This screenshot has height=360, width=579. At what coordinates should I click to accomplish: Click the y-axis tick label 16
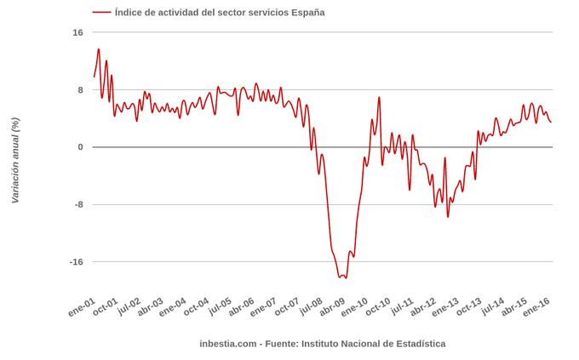tap(77, 32)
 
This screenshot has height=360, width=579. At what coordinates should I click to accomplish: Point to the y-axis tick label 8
tap(80, 90)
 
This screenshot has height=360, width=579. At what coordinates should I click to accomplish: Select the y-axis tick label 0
tap(80, 147)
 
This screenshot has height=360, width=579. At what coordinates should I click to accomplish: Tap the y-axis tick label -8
tap(77, 204)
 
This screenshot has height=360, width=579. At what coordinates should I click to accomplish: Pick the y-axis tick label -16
tap(76, 261)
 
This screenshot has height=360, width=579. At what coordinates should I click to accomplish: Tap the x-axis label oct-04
tap(196, 307)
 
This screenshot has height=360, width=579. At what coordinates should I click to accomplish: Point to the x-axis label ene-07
tap(263, 307)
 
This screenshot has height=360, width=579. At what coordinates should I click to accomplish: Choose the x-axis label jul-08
tap(310, 307)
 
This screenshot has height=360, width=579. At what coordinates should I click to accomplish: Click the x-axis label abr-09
tap(331, 307)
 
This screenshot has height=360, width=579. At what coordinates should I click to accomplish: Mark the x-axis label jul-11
tap(401, 307)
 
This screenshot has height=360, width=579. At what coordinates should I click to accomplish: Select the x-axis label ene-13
tap(445, 307)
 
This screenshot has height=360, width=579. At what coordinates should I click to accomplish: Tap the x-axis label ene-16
tap(536, 307)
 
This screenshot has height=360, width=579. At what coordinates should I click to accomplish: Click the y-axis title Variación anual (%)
tap(14, 160)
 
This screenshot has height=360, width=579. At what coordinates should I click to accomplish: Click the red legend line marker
tap(101, 13)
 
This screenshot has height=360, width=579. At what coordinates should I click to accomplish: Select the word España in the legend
tap(307, 13)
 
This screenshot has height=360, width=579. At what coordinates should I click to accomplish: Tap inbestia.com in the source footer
tap(227, 344)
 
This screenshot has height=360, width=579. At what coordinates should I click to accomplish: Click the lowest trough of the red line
tap(345, 277)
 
